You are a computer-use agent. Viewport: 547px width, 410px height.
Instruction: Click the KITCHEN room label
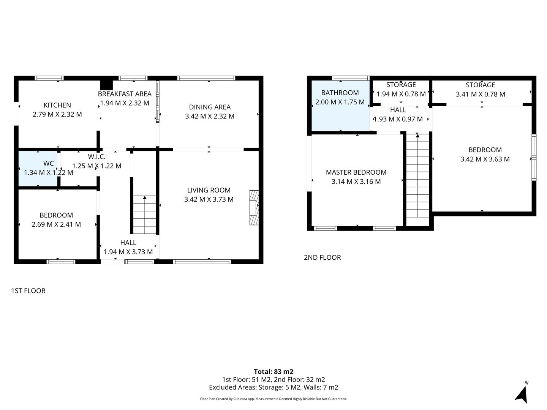tap(57, 105)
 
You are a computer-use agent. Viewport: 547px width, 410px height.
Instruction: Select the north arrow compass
tap(522, 393)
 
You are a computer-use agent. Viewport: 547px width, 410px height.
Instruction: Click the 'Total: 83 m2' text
tap(273, 372)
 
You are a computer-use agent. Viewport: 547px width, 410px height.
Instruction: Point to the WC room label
tap(48, 164)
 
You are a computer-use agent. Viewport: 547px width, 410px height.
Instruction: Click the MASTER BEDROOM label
tap(356, 172)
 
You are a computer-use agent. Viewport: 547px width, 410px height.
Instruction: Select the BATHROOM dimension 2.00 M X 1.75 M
tap(340, 102)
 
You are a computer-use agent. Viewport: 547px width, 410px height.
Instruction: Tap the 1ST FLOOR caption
tap(28, 291)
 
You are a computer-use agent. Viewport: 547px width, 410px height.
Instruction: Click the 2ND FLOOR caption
tap(322, 257)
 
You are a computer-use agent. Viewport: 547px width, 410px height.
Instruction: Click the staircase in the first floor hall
tap(144, 214)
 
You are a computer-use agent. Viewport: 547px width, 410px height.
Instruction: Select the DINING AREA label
tap(210, 107)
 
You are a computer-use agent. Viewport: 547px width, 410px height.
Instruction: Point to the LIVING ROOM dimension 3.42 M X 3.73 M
tap(209, 199)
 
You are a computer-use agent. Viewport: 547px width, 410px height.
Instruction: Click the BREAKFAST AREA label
tap(125, 94)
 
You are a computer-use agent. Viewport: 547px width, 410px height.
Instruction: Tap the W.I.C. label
tap(96, 157)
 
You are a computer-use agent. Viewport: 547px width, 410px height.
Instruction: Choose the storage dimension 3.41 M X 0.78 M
tap(480, 94)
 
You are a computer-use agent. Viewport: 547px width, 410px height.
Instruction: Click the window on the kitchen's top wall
tap(49, 78)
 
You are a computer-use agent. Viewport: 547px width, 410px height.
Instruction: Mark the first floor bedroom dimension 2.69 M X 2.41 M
tap(56, 224)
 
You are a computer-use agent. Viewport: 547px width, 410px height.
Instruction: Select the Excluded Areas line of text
tap(273, 388)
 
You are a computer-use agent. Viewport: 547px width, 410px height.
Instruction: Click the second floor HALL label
tap(398, 110)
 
